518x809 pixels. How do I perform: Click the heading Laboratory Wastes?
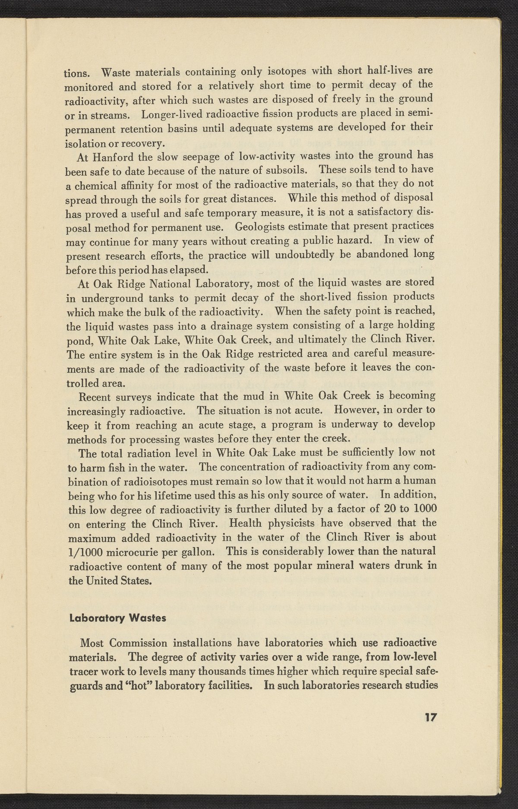pyautogui.click(x=117, y=618)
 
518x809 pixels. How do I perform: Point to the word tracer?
pyautogui.click(x=85, y=672)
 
